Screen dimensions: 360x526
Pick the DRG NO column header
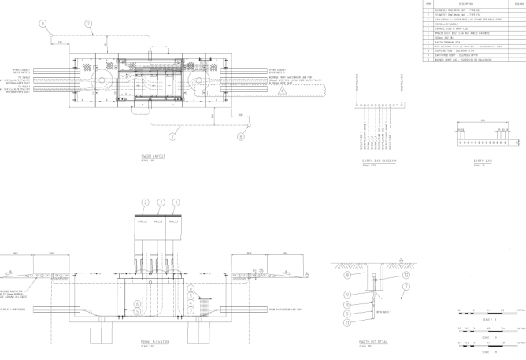coord(517,3)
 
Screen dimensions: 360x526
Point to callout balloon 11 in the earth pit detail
coord(347,323)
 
